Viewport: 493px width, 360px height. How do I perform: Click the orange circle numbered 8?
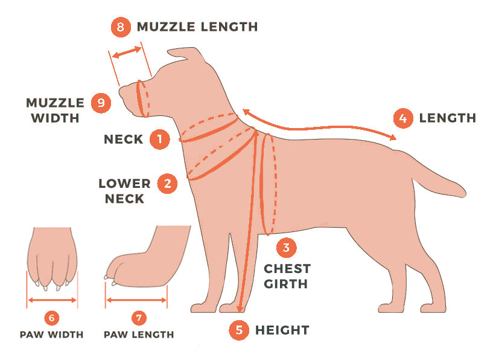(x=121, y=27)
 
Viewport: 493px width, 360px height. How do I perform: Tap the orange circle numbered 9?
(x=101, y=103)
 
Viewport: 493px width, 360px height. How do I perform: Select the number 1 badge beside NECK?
(x=160, y=139)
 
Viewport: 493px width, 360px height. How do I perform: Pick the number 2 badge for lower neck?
(x=167, y=183)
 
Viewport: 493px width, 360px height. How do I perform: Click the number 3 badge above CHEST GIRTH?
(x=286, y=248)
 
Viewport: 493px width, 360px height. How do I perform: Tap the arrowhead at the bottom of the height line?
(x=240, y=309)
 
